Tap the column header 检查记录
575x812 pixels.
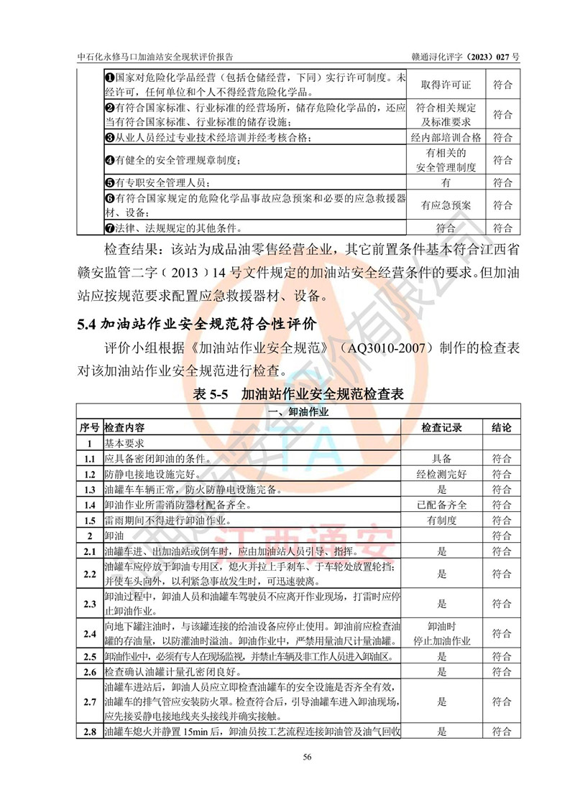coord(441,428)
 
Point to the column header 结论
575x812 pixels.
coord(502,428)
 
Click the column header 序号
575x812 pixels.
coord(89,428)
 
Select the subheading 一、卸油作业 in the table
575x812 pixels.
coord(298,412)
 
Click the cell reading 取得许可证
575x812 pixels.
coord(446,85)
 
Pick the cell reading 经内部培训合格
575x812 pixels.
coord(446,137)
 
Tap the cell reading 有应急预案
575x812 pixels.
coord(446,205)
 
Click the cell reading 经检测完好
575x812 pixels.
coord(442,475)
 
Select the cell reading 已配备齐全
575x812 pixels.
coord(442,505)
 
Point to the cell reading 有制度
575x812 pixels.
coord(442,521)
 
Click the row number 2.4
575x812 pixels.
coord(89,634)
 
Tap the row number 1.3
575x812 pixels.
coord(89,490)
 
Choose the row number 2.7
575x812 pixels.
coord(89,701)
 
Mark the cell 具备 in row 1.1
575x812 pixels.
coord(442,459)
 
